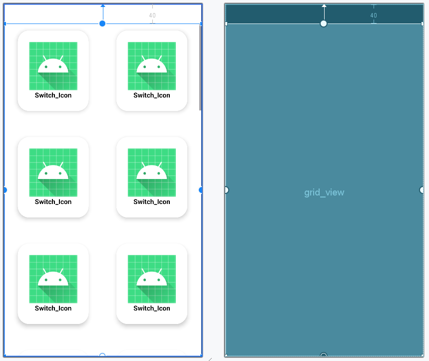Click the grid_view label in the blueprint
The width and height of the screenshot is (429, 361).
click(324, 192)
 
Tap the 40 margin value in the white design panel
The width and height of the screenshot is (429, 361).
click(152, 15)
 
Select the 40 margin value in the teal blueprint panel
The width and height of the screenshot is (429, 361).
click(374, 15)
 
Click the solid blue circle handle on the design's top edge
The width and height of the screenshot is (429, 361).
click(102, 23)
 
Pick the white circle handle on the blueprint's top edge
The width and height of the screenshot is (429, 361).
click(324, 23)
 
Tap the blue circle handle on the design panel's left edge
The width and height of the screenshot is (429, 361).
click(5, 190)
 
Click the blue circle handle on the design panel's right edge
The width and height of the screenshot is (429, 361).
click(201, 190)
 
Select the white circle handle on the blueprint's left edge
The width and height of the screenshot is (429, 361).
click(227, 190)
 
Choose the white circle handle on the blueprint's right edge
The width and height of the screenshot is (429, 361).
click(422, 190)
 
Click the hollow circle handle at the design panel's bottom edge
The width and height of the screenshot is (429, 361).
click(102, 354)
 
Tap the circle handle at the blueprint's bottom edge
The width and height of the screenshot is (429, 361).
click(324, 354)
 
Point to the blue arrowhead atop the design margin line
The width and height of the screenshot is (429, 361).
click(103, 5)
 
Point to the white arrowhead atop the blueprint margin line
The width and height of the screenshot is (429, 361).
click(324, 5)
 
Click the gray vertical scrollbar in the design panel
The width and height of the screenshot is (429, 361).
click(200, 67)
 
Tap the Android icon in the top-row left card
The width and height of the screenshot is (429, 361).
click(53, 65)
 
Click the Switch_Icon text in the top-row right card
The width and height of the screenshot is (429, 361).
click(151, 95)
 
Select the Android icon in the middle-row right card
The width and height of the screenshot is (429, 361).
click(151, 172)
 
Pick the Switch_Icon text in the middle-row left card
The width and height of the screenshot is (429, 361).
click(53, 202)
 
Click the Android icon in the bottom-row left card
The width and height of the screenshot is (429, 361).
click(53, 279)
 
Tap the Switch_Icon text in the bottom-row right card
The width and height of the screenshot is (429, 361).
click(151, 308)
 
